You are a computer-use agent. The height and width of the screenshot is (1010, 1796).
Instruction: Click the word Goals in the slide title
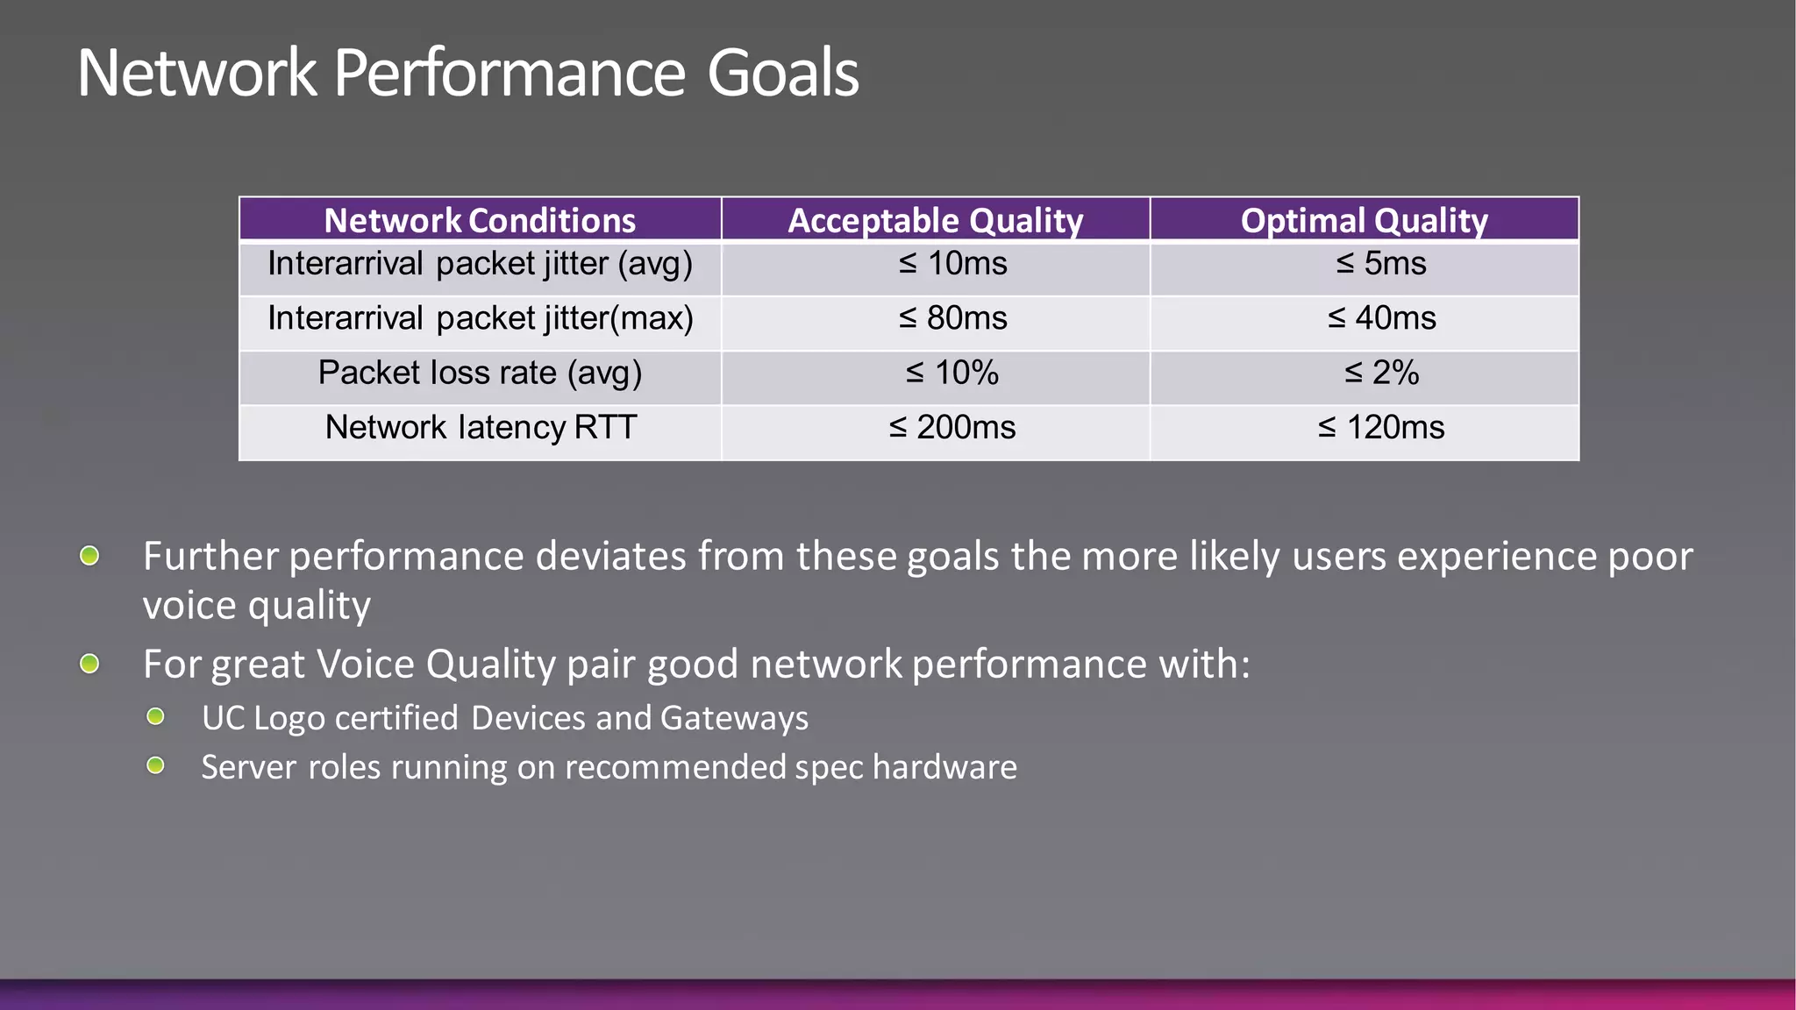tap(782, 73)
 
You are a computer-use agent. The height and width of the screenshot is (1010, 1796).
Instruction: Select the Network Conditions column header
tap(480, 220)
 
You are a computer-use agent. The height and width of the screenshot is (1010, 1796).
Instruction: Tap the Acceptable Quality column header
tap(935, 220)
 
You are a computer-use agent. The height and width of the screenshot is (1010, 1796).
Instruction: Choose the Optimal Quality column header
tap(1364, 220)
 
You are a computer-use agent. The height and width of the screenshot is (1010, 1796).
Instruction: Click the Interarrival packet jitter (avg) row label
tap(480, 264)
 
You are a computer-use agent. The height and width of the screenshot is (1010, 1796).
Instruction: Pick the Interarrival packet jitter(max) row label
tap(480, 318)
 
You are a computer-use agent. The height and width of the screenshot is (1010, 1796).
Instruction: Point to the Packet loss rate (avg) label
tap(480, 373)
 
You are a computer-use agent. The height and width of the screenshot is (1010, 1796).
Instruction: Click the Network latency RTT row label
tap(480, 428)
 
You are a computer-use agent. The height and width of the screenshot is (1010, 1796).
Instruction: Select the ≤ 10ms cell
tap(952, 264)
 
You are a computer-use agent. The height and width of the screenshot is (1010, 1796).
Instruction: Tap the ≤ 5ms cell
tap(1381, 264)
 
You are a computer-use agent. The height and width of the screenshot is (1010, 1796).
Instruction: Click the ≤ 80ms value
tap(952, 318)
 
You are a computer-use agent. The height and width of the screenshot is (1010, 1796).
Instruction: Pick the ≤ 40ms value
tap(1381, 318)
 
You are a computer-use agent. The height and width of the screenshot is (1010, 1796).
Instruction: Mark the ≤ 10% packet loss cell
tap(952, 373)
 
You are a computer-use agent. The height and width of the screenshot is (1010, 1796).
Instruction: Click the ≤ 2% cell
tap(1381, 373)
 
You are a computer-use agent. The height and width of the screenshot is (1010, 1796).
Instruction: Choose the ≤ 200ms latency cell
tap(952, 428)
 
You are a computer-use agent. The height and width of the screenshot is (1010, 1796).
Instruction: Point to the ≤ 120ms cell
tap(1381, 428)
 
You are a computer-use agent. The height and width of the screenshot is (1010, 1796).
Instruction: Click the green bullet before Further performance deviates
tap(89, 556)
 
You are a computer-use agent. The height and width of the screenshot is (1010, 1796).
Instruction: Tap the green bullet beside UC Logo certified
tap(156, 717)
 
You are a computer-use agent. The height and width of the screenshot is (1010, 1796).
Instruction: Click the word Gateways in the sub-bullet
tap(734, 718)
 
